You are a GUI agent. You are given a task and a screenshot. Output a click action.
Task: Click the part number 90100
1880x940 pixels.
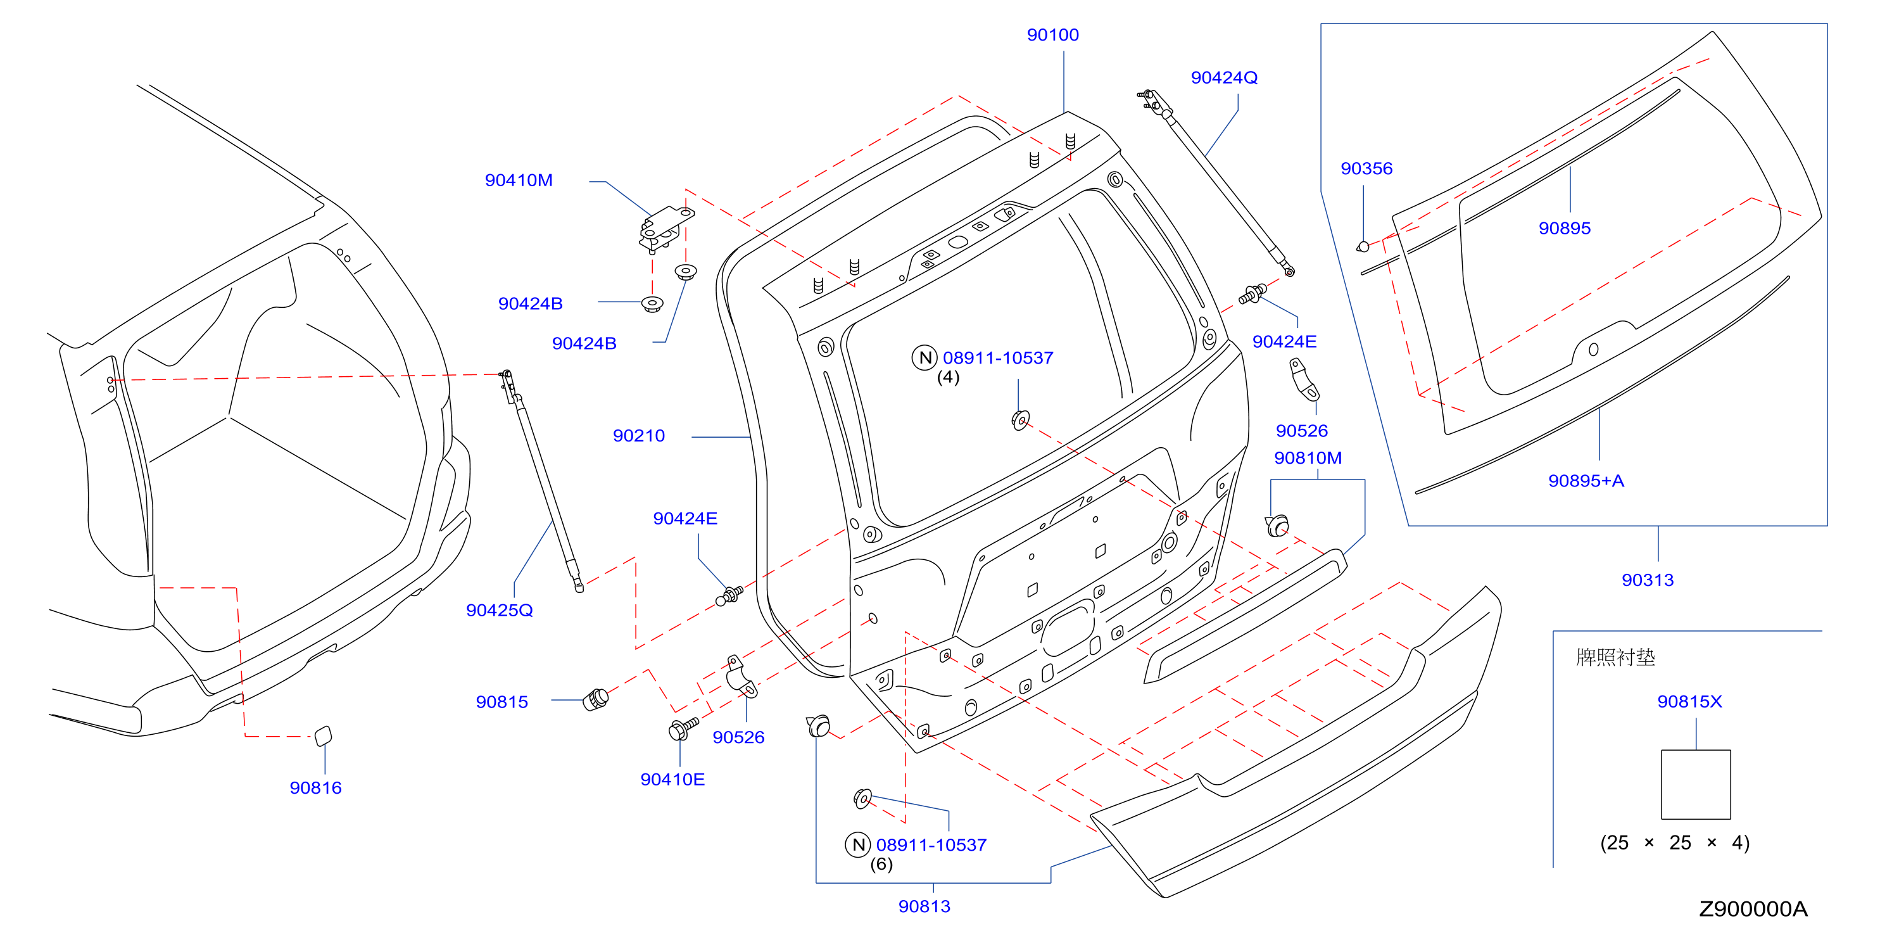pos(1052,35)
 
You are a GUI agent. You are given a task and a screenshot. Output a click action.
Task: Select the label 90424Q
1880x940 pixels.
pos(1224,77)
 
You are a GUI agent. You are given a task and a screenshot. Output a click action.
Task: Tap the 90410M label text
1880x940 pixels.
pos(519,181)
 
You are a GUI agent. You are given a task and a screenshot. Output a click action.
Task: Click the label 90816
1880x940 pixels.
pos(315,787)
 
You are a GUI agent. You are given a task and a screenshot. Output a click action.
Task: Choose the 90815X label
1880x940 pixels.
pos(1689,701)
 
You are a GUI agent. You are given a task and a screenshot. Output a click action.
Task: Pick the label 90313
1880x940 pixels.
pos(1647,580)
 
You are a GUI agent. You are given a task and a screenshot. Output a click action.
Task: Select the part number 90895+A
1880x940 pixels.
pos(1586,481)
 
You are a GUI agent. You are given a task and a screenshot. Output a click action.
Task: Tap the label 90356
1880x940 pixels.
pos(1366,168)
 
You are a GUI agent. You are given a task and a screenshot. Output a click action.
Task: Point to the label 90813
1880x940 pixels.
pos(924,906)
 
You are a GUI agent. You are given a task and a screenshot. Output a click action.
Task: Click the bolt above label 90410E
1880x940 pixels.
pos(683,728)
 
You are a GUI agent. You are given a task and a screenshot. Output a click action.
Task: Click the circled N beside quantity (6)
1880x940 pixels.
pos(857,844)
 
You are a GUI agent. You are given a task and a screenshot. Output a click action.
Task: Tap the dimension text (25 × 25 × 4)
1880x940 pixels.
pos(1674,843)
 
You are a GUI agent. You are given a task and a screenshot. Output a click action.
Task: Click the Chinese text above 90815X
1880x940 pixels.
pos(1615,657)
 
